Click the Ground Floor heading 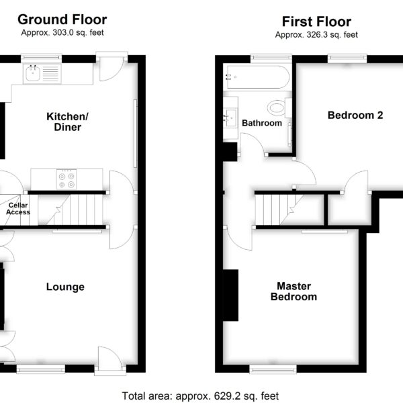point(62,19)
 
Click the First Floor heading point(316,21)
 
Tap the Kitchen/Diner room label point(68,122)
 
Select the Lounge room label point(65,287)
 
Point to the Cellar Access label point(18,209)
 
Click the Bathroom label point(262,123)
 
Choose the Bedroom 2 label point(355,115)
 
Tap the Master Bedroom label point(294,292)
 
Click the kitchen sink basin point(33,73)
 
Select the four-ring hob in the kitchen point(66,179)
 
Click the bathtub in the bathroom point(258,77)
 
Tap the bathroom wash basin point(230,118)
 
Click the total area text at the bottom point(200,396)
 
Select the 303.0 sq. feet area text point(78,33)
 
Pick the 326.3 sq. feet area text point(332,35)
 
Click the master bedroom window point(273,369)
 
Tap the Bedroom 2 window point(347,58)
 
